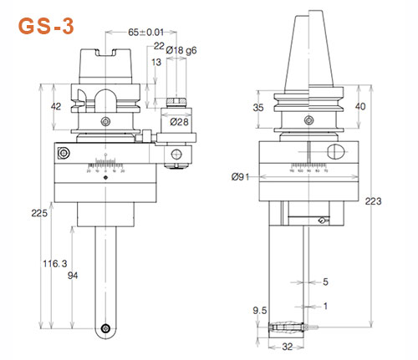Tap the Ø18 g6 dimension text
(183, 51)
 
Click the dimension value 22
(158, 48)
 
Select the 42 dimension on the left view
(33, 106)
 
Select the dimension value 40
(385, 106)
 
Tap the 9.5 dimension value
(259, 311)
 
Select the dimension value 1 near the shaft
(326, 306)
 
